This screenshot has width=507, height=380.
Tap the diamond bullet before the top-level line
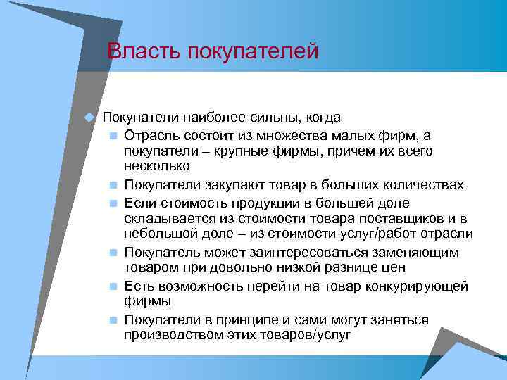click(x=89, y=117)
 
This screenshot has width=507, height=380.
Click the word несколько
click(x=156, y=167)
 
